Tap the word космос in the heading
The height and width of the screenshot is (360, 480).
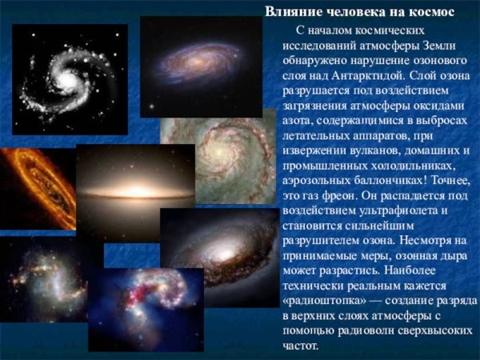point(432,11)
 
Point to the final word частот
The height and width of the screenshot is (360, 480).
point(301,346)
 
